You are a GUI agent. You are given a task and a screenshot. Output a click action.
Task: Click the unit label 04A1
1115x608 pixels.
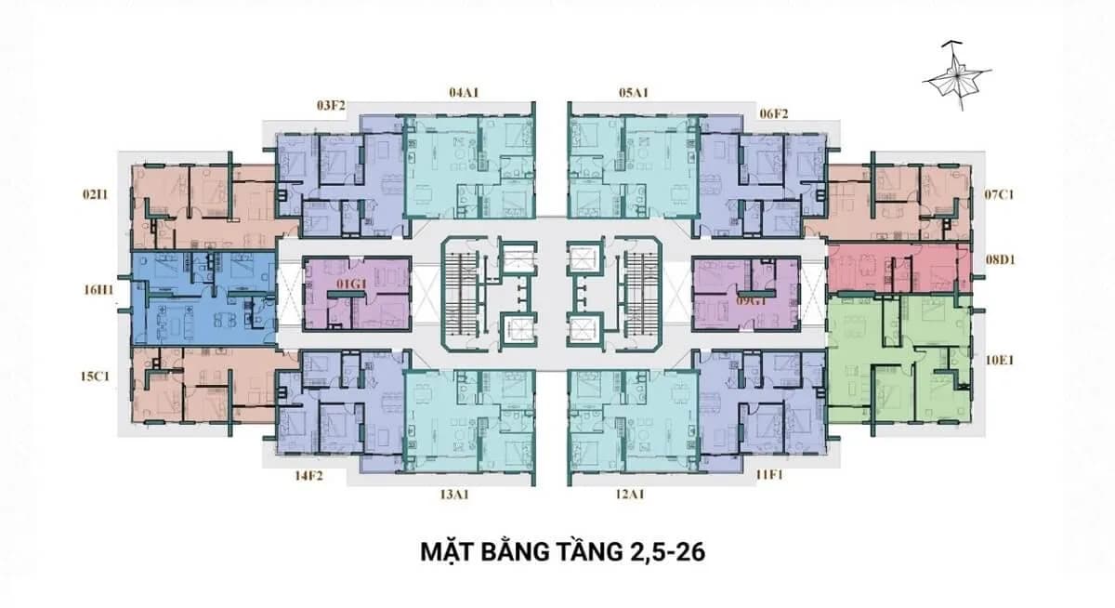464,93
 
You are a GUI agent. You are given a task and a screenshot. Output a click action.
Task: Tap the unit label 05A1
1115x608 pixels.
634,93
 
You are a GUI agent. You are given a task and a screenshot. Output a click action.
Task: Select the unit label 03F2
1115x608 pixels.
331,106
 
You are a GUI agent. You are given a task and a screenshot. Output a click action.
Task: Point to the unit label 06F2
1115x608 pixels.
774,114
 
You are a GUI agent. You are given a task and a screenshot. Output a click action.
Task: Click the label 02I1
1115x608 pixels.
95,194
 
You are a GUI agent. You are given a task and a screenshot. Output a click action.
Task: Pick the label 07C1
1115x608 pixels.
999,194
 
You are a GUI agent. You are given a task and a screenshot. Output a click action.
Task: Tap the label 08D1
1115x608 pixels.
1001,260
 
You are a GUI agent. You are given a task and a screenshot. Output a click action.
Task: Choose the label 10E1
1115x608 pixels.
999,360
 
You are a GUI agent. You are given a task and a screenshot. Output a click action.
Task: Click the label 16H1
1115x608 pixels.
98,290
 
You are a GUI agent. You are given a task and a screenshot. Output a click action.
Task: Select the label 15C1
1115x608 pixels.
95,377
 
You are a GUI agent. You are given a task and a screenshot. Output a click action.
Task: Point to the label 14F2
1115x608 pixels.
308,476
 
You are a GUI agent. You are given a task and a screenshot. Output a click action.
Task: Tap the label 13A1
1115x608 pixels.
454,495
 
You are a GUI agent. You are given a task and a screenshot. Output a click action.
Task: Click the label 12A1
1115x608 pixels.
630,495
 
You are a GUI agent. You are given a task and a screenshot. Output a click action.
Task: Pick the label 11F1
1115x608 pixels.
769,475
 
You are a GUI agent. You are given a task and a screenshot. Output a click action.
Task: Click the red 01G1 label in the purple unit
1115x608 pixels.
351,284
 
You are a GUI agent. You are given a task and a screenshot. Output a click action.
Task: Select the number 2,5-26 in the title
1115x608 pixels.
665,553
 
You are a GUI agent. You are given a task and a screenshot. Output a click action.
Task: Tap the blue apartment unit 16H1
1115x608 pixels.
203,297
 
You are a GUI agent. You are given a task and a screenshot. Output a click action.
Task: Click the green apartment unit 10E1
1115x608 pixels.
899,359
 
